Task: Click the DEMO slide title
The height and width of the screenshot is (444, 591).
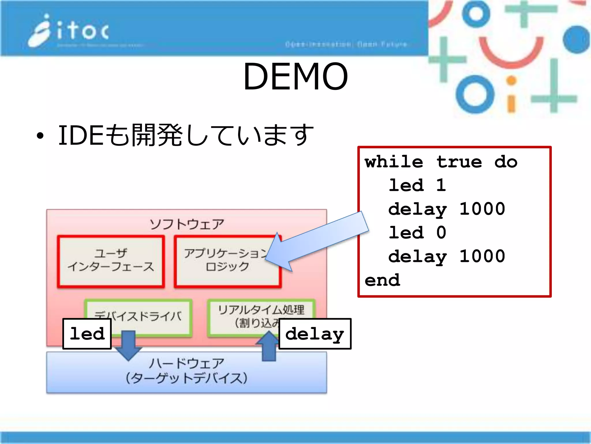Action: coord(295,77)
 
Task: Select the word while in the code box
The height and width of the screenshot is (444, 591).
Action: coord(394,162)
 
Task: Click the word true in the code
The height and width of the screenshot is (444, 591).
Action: coord(459,162)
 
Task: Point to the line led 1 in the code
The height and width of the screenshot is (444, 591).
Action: coord(417,185)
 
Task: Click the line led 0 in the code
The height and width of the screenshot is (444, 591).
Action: coord(417,233)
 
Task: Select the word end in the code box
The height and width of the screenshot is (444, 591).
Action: coord(382,280)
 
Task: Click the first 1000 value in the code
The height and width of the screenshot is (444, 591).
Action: coord(482,209)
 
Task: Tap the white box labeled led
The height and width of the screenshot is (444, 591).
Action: coord(87,334)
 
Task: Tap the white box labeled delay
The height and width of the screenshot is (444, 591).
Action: coord(315,334)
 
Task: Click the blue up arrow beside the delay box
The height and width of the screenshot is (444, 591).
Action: coord(269,347)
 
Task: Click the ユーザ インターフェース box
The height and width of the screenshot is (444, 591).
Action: coord(111,261)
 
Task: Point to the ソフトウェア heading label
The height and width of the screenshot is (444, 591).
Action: coord(187,224)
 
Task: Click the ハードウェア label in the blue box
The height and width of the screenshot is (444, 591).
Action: coord(187,363)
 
